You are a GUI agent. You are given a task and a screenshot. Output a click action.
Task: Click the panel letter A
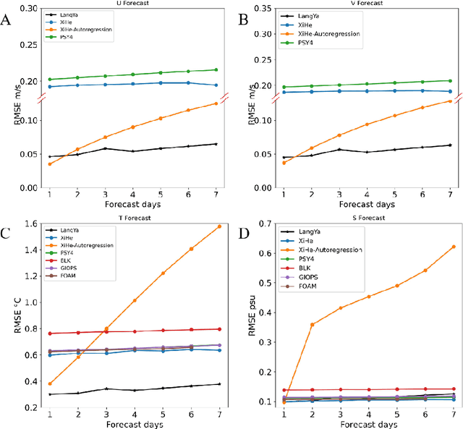pos(7,20)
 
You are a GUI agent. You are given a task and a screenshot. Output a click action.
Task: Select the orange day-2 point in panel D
pos(311,324)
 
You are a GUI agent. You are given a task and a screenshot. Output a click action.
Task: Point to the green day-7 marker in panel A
pos(216,69)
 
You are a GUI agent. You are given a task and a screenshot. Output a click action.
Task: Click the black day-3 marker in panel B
pos(339,150)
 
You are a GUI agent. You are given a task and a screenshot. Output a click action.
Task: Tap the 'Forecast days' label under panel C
pos(132,423)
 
